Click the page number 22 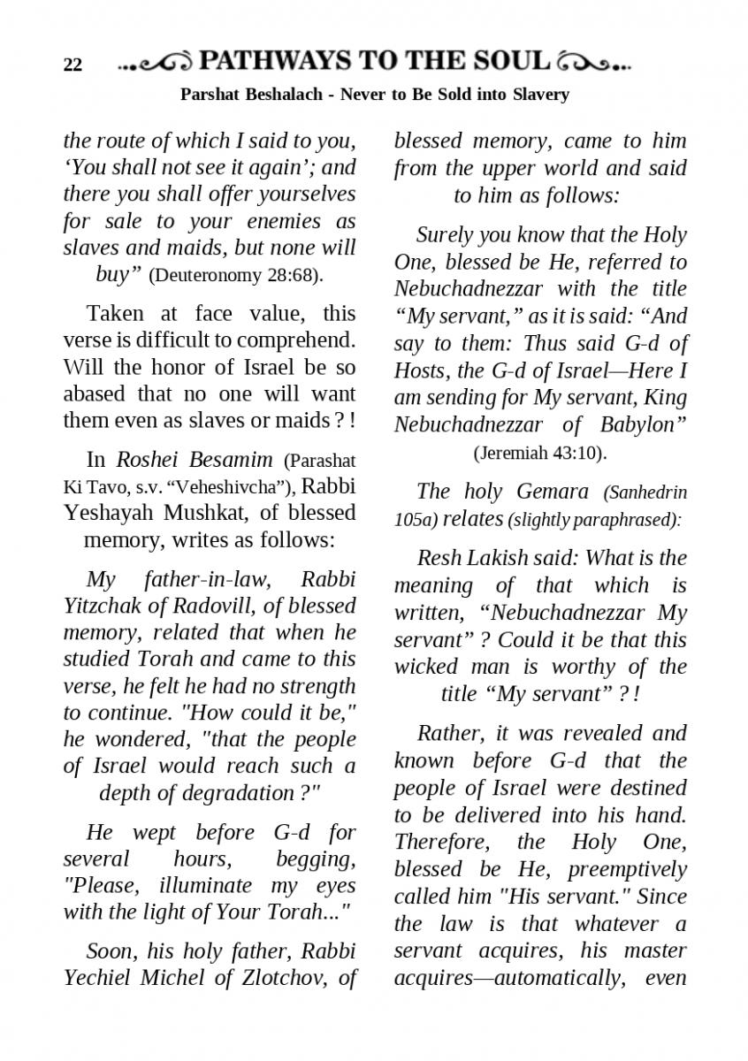click(x=73, y=65)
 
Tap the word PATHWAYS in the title click(x=276, y=61)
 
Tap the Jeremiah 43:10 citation click(x=539, y=454)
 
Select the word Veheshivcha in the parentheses click(x=230, y=486)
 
